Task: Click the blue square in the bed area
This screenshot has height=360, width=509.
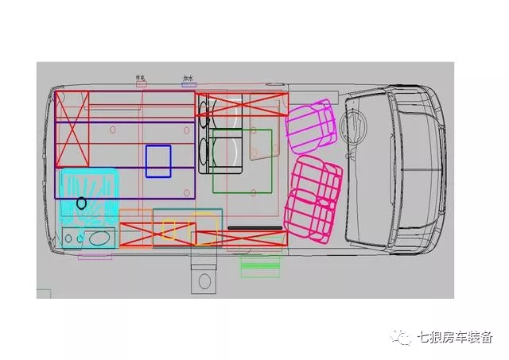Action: pyautogui.click(x=158, y=161)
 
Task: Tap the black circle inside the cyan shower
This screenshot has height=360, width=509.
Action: pyautogui.click(x=81, y=203)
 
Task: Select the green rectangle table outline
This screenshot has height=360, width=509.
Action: pyautogui.click(x=243, y=161)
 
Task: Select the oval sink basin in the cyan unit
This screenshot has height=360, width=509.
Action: pyautogui.click(x=99, y=237)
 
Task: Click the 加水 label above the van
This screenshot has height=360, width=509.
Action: pyautogui.click(x=188, y=79)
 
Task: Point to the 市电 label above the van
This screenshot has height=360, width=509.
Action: pyautogui.click(x=142, y=78)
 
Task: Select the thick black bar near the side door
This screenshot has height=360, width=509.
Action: pyautogui.click(x=254, y=227)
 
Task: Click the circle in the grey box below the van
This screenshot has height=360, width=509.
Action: pyautogui.click(x=204, y=281)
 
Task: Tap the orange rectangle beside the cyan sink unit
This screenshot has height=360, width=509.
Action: pyautogui.click(x=135, y=228)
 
